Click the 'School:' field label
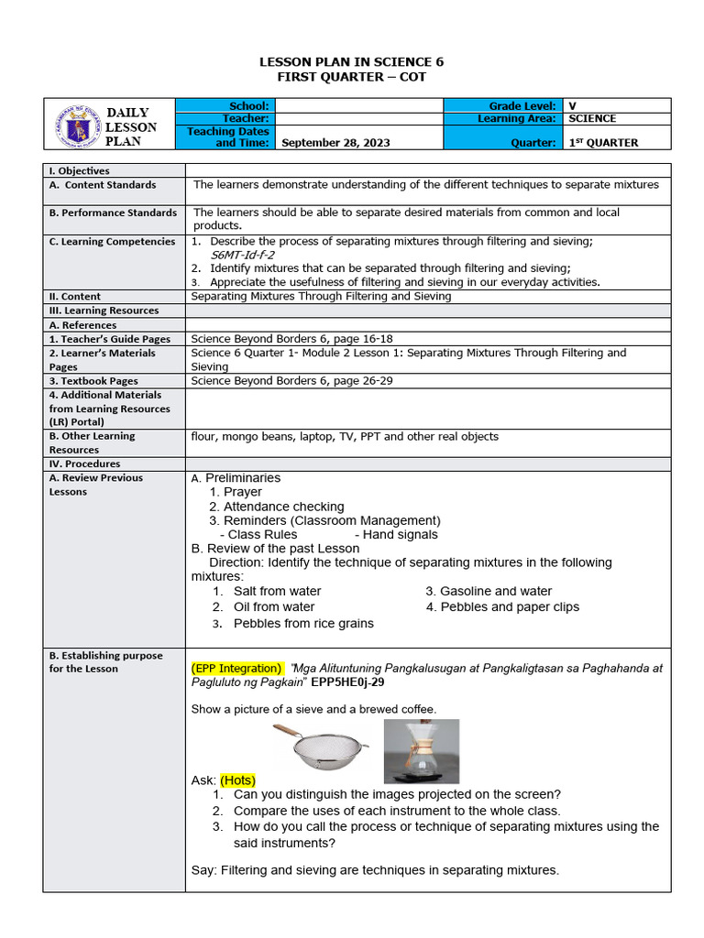tap(249, 106)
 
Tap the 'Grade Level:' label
tap(523, 106)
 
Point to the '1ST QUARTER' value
tap(603, 143)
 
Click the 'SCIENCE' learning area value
tap(592, 119)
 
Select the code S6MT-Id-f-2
tap(243, 255)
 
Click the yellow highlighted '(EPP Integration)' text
tap(236, 669)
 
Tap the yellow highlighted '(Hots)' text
tap(237, 780)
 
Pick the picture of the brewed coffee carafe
tap(421, 750)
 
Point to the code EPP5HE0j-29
tap(347, 682)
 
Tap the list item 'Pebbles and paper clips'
tap(502, 606)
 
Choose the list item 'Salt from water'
tap(277, 592)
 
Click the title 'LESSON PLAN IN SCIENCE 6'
tap(352, 61)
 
